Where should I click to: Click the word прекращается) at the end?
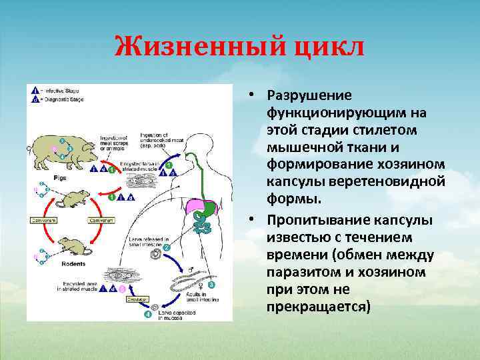click(318, 308)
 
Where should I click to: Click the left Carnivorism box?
click(42, 219)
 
